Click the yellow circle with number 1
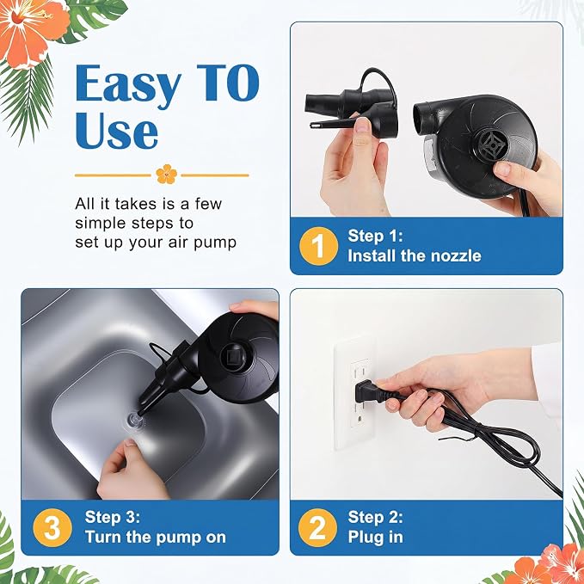click(318, 246)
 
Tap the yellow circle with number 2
click(317, 527)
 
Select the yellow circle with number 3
click(52, 527)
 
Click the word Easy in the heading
click(128, 84)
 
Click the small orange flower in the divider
click(167, 174)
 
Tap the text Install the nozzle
click(415, 255)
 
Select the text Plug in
click(375, 537)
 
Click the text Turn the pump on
click(156, 537)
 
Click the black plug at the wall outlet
click(369, 392)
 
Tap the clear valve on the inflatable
click(133, 420)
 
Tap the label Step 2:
click(375, 517)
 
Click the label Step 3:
click(112, 517)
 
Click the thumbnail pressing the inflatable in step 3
click(131, 443)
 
